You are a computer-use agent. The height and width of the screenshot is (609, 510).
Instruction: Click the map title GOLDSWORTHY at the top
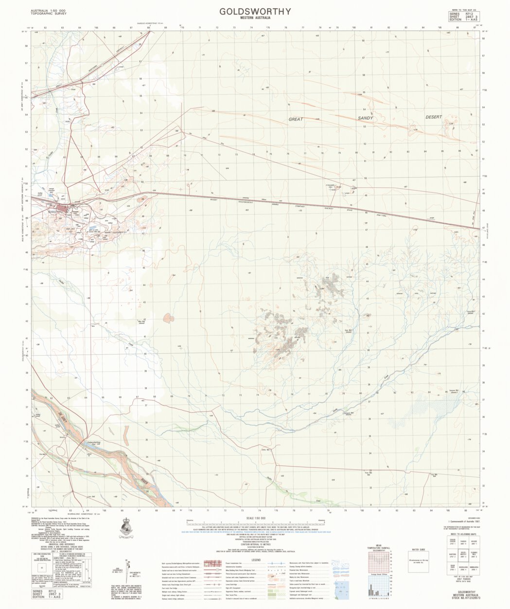click(255, 11)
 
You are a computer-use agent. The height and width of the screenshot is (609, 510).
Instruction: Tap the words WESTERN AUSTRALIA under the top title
click(255, 18)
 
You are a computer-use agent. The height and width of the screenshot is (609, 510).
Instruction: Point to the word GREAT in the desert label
click(295, 119)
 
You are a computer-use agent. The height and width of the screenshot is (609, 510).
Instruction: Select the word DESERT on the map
click(434, 117)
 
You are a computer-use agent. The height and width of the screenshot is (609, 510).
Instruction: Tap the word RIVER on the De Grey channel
click(144, 481)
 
